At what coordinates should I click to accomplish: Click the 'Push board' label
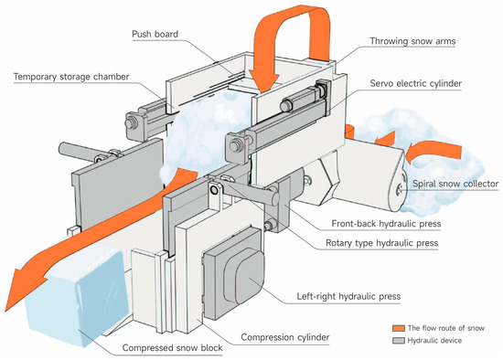coord(155,34)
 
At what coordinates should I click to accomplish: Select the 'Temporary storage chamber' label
coord(71,77)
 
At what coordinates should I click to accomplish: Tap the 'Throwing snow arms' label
coord(412,41)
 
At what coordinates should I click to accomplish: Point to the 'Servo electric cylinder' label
coord(416,83)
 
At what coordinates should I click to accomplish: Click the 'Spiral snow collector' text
coord(455,184)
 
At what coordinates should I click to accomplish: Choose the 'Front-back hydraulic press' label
coord(386,224)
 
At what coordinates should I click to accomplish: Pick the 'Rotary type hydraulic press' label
coord(381,243)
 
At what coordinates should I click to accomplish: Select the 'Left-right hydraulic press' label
coord(348,296)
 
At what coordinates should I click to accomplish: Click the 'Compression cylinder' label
coord(285,337)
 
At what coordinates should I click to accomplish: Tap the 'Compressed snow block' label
coord(172,348)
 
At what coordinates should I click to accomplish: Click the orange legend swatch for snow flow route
coord(399,328)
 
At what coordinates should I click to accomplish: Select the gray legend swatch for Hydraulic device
coord(399,341)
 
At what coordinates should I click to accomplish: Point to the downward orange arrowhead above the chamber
coord(264,81)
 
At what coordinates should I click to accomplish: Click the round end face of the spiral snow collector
coord(398,190)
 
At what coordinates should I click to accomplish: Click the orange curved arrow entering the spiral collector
coord(433,152)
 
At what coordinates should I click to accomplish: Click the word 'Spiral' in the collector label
coord(423,184)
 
